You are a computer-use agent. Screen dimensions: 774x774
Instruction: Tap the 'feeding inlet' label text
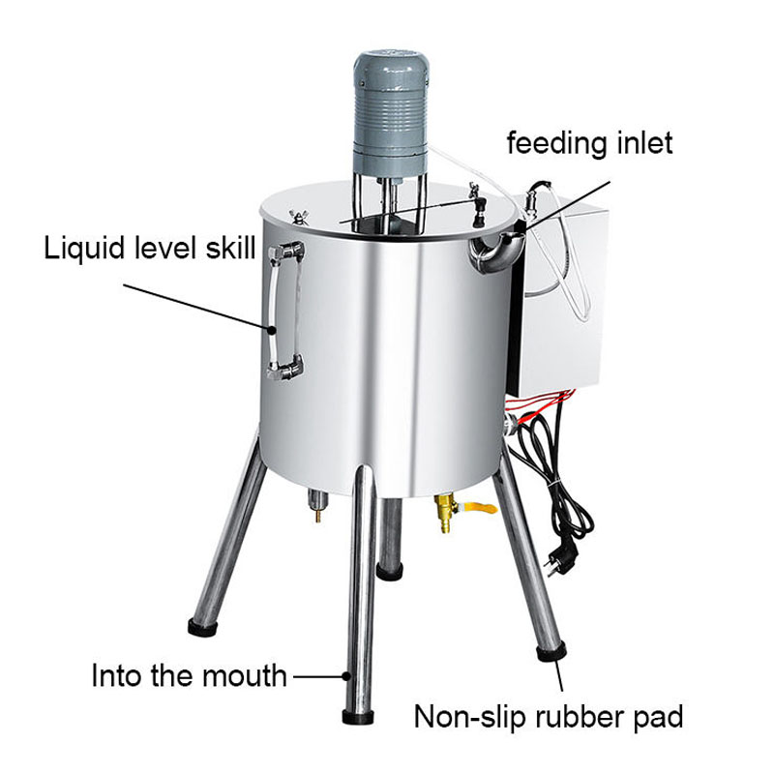point(589,143)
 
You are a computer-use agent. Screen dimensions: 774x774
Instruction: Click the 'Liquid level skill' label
point(150,248)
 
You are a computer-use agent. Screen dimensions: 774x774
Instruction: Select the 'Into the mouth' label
point(189,675)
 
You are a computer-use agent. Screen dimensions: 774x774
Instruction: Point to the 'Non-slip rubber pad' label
point(549,716)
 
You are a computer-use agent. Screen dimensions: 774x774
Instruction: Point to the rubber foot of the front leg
point(357,716)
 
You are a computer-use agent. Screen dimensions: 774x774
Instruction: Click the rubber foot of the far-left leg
point(203,626)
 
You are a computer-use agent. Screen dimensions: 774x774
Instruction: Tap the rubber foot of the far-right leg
point(551,651)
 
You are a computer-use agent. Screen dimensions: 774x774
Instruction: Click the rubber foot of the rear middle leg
point(390,572)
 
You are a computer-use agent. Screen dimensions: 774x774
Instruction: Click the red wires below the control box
point(539,402)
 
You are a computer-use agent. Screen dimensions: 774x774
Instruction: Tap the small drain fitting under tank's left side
point(315,505)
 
